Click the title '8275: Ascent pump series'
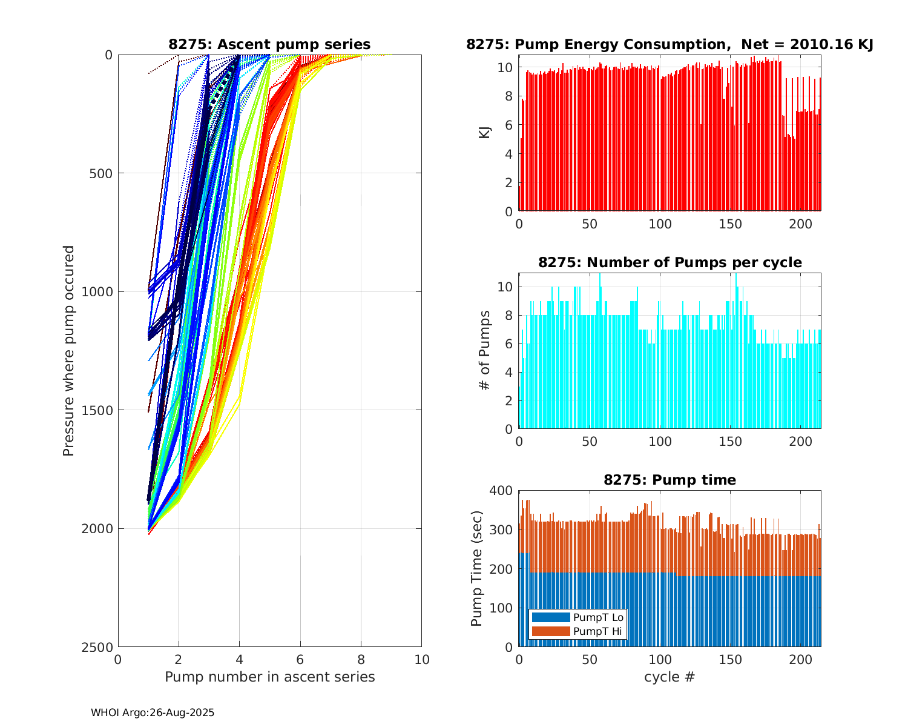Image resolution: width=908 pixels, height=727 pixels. [269, 44]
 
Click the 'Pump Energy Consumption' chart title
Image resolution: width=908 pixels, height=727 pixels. [669, 44]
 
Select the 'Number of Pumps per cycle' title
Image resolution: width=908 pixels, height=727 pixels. [669, 262]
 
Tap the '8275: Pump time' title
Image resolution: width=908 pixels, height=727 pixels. [669, 480]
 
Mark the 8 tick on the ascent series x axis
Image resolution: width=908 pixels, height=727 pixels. [361, 659]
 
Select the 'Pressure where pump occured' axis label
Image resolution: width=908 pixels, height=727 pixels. [69, 351]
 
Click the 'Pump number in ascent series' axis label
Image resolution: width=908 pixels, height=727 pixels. [269, 677]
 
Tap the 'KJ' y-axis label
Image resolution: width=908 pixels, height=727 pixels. [485, 132]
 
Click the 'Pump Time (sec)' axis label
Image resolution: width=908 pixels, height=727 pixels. [477, 568]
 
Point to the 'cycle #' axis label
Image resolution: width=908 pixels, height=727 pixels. [669, 677]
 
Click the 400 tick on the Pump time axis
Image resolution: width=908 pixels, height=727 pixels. [504, 490]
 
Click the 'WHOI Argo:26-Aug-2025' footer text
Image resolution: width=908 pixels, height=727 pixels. [153, 713]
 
